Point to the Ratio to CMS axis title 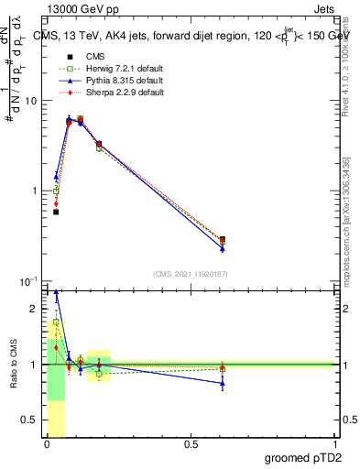pos(14,364)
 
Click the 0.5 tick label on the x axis pos(191,444)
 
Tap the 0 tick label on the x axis pos(47,444)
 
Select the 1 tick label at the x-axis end pos(336,444)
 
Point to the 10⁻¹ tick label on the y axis pos(30,280)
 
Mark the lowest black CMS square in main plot pos(56,212)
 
